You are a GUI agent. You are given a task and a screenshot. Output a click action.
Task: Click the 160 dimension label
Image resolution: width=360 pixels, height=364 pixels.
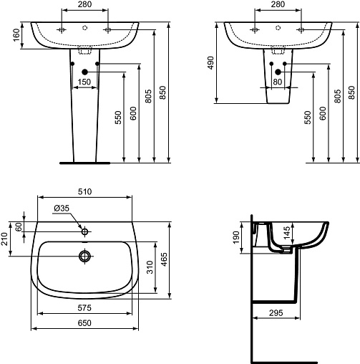[x=16, y=35]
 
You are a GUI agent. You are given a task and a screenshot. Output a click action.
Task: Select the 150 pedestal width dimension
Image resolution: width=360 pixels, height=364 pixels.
[x=84, y=82]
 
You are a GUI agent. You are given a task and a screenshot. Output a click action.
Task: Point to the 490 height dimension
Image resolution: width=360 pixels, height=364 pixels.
[x=210, y=63]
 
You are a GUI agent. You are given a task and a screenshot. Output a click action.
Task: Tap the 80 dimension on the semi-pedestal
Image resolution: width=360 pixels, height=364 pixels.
[x=277, y=82]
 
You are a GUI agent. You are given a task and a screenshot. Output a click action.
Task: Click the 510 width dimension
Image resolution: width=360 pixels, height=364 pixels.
[x=84, y=191]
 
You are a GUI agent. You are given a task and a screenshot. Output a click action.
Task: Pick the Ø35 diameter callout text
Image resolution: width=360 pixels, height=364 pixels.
[x=62, y=209]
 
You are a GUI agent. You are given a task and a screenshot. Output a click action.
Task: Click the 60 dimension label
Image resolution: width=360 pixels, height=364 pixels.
[x=19, y=226]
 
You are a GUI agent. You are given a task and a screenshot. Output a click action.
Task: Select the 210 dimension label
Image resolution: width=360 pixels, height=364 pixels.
[x=4, y=239]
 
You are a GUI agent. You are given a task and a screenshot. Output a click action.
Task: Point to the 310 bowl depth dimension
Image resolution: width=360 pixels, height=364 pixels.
[x=150, y=267]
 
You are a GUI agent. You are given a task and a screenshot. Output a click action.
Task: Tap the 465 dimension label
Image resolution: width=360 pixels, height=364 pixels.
[x=164, y=259]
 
